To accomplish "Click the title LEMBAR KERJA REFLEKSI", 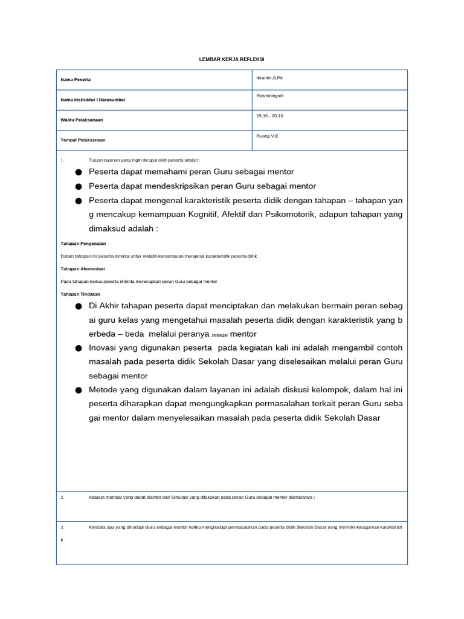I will [232, 59].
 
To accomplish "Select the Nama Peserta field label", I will [76, 80].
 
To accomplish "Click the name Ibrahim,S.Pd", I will [269, 78].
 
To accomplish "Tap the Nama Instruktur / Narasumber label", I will [93, 100].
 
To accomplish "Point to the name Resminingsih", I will [270, 96].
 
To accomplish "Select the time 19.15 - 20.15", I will [269, 116].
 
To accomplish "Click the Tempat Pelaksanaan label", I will [83, 140].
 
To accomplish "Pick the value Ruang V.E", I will [267, 136].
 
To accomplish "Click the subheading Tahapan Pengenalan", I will [83, 243].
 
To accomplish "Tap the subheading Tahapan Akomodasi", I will [83, 268].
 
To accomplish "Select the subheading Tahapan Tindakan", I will [81, 294].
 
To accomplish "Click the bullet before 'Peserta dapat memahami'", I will [79, 172].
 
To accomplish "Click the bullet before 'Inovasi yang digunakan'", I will [79, 348].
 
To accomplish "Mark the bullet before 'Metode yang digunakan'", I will [79, 391].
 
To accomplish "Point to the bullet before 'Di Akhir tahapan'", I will [79, 306].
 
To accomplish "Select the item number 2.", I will [62, 497].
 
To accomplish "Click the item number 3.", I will [62, 527].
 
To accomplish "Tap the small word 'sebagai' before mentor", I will [219, 335].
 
